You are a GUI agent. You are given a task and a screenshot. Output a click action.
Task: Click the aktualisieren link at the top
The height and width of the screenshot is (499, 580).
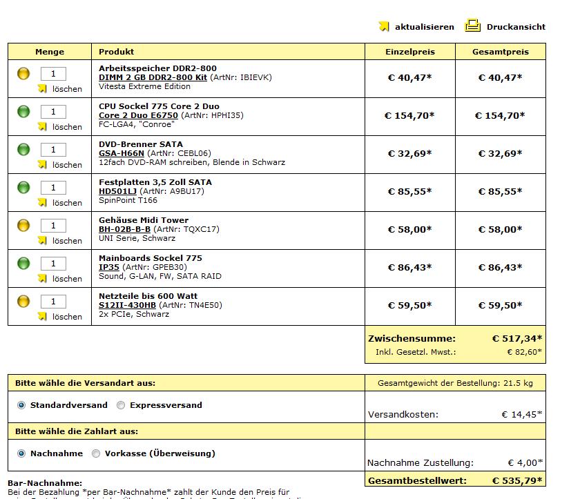click(424, 27)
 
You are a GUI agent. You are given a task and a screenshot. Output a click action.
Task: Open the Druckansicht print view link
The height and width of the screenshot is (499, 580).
click(515, 27)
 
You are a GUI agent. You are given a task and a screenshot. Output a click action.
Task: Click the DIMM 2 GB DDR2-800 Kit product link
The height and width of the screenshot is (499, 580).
click(153, 77)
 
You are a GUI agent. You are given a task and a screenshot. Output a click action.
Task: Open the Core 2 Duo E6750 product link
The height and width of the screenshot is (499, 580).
click(138, 115)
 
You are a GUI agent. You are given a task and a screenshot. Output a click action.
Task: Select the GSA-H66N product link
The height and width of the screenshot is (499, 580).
click(121, 153)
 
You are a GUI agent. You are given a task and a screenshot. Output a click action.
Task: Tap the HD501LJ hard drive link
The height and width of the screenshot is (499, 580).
click(117, 191)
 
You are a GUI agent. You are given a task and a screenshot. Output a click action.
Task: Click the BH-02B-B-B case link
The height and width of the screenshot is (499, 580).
click(124, 229)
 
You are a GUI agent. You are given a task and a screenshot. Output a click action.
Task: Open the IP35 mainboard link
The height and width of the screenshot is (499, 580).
click(109, 267)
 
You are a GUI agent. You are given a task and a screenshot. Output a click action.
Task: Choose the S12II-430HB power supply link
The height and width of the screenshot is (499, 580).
click(127, 305)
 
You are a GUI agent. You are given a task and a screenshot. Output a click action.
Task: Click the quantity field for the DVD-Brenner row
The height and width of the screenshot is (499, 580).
click(53, 150)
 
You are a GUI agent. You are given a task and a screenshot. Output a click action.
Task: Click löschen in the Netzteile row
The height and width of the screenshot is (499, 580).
click(67, 317)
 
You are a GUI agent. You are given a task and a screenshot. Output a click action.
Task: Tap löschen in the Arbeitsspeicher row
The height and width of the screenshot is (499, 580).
click(67, 89)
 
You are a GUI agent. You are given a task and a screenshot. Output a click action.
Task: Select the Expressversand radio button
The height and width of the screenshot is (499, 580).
click(121, 405)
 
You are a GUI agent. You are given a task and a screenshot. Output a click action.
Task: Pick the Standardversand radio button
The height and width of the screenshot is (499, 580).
click(21, 405)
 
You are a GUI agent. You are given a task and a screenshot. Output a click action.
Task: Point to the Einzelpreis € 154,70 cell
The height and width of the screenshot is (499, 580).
click(409, 115)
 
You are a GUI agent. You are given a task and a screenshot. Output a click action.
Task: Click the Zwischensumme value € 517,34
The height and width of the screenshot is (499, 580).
click(516, 338)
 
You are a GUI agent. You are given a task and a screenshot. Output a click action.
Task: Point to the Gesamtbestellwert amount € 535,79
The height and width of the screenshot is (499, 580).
click(516, 480)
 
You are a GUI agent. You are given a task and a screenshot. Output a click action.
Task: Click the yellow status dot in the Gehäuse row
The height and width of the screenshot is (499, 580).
click(23, 225)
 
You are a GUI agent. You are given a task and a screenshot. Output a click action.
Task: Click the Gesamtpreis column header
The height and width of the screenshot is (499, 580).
click(500, 52)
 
